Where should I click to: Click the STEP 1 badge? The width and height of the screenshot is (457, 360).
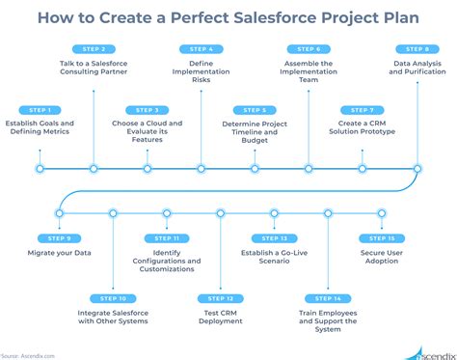tap(40, 109)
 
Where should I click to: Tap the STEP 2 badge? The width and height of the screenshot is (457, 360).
tap(94, 47)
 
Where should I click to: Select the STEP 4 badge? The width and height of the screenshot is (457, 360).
tap(202, 47)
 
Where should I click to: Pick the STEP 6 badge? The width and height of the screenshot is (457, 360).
tap(309, 47)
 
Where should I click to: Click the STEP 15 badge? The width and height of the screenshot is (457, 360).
tap(382, 237)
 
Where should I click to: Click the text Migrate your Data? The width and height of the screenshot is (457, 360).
tap(59, 254)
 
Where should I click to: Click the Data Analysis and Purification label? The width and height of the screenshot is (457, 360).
tap(417, 68)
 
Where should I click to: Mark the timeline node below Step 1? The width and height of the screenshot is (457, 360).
tap(40, 168)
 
